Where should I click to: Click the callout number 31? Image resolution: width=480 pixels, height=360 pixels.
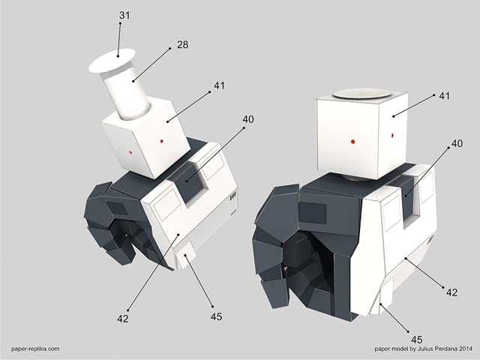pos(124,15)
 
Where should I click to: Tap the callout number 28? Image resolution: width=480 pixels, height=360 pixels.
pos(182,45)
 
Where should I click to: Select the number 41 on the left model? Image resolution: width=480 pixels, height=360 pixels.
pos(219,85)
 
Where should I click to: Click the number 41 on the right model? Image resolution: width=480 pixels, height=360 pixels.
pos(445,96)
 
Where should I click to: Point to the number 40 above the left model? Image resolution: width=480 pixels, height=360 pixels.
pos(248,119)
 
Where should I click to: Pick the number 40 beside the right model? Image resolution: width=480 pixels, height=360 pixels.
pos(457,143)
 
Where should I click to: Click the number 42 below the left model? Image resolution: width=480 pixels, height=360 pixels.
pos(123,319)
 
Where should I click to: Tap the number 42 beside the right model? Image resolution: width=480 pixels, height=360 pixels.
pos(451,292)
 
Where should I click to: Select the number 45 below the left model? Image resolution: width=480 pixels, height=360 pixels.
pos(216,316)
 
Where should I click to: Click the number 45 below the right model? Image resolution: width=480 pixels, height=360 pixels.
pos(417,340)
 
